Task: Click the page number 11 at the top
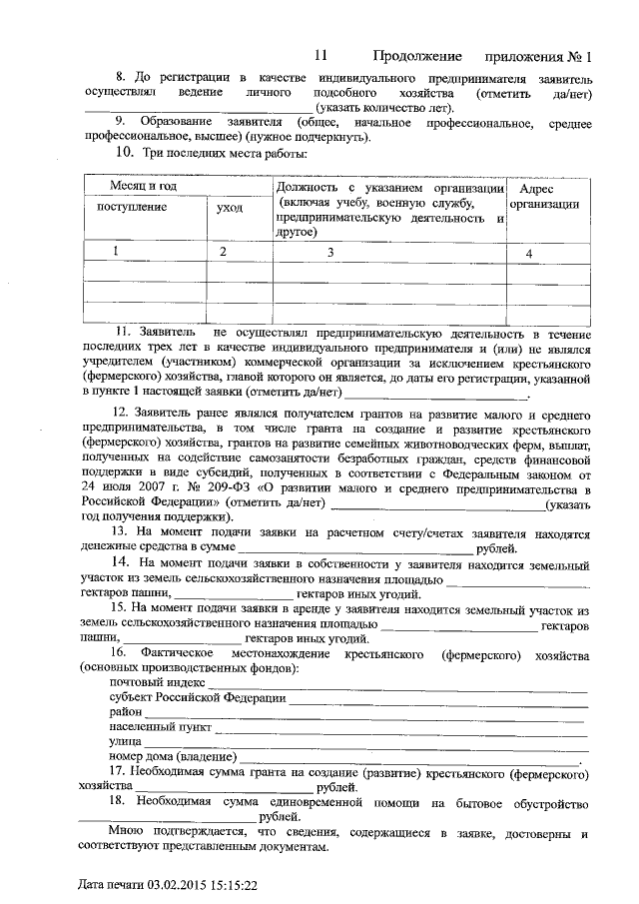(319, 56)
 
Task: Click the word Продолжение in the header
(418, 56)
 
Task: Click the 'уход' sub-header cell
(229, 207)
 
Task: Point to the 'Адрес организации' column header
(544, 196)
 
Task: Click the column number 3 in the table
(329, 253)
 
